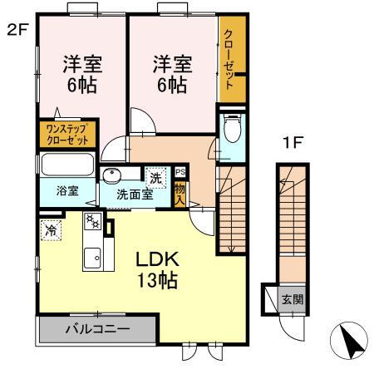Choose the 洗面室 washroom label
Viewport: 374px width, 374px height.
[x=133, y=195]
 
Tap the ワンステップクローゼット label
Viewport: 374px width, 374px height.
[x=68, y=134]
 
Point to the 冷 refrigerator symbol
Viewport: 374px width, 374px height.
[x=52, y=229]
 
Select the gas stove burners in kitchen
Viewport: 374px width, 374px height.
[x=91, y=222]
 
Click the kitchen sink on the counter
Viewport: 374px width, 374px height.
[x=91, y=257]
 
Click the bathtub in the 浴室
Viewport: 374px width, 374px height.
[x=66, y=163]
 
